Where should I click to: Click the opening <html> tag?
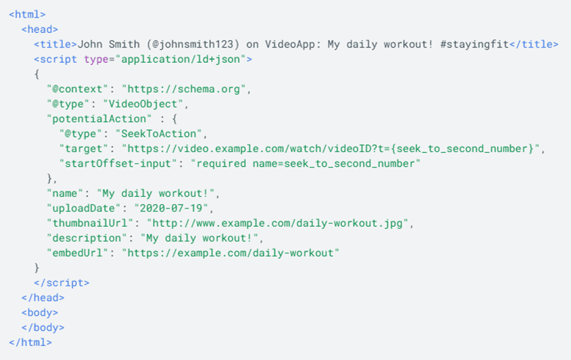coord(27,15)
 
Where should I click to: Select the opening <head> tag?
coord(40,29)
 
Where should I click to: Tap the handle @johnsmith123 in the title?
coord(193,45)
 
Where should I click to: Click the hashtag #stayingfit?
coord(474,45)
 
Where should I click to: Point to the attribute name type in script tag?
coord(96,59)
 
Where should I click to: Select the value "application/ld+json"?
coord(180,59)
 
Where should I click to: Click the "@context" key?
coord(77,89)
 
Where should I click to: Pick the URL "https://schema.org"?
coord(184,89)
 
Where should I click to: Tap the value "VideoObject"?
coord(143,104)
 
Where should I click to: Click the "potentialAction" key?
coord(99,119)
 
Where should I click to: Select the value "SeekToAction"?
coord(158,134)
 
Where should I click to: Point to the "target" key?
coord(83,149)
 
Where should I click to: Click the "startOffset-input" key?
coord(118,164)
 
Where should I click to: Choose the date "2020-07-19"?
coord(171,209)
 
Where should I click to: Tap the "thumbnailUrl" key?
coord(89,223)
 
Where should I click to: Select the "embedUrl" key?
coord(77,253)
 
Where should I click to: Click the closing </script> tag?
coord(61,283)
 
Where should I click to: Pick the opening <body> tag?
coord(40,312)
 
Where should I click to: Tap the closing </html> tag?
coord(30,342)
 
